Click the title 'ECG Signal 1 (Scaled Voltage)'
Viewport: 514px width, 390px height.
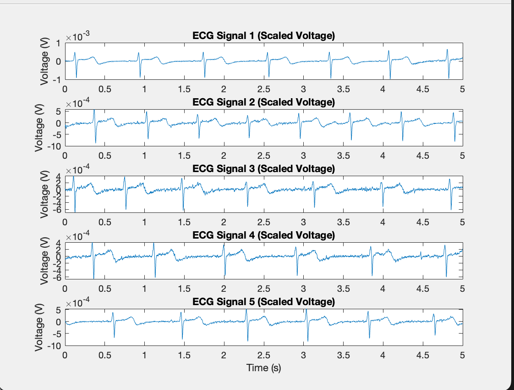click(x=263, y=36)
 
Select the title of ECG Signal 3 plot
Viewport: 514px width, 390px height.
click(x=263, y=168)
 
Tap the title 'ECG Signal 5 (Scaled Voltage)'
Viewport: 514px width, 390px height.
click(x=263, y=301)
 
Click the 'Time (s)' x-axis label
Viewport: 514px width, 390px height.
click(x=263, y=368)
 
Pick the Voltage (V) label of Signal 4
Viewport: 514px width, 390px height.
click(x=44, y=261)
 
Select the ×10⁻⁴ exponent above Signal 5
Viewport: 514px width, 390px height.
click(x=77, y=303)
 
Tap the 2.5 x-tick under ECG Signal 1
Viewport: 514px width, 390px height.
click(x=263, y=89)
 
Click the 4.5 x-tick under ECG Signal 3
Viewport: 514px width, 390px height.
click(x=422, y=222)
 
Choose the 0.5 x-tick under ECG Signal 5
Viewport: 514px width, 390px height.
click(x=105, y=355)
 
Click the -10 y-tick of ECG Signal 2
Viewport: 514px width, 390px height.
click(x=55, y=146)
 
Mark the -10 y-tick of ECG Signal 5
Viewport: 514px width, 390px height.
click(x=55, y=345)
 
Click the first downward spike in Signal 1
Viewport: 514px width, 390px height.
click(x=77, y=77)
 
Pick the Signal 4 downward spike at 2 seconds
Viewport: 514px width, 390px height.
click(x=224, y=275)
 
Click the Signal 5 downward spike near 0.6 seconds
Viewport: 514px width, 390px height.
click(x=114, y=337)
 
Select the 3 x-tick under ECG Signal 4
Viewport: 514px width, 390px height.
click(x=303, y=288)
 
